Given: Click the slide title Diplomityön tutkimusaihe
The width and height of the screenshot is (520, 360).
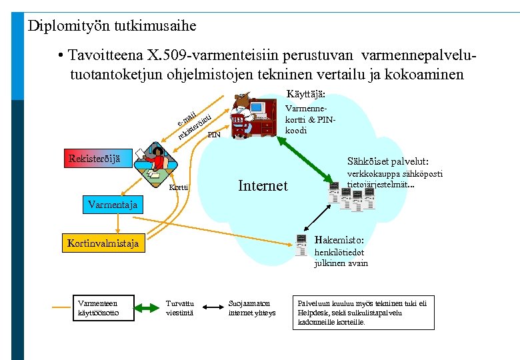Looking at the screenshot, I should coord(112,26).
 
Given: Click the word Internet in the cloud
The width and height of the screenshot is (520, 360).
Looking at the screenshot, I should coord(263,185).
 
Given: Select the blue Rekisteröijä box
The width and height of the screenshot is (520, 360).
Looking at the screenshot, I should coord(95,158).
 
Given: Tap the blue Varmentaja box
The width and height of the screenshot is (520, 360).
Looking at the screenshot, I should coord(113,205).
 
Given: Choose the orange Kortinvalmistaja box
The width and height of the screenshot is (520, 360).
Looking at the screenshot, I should coord(103,243).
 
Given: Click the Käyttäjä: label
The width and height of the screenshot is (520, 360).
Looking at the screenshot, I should coord(306,94).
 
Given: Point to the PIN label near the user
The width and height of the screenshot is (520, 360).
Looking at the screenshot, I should coord(214,135).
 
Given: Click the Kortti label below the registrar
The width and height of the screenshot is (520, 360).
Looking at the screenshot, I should coord(178,188).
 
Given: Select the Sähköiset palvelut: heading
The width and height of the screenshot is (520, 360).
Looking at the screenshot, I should coord(388,161).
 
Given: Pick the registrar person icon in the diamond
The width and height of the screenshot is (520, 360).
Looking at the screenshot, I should coord(155,162).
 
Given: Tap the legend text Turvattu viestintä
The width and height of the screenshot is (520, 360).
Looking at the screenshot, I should coord(180,307).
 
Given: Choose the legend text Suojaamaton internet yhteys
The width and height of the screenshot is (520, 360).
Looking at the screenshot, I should coord(252,307).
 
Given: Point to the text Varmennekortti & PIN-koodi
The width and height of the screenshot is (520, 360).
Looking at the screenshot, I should coord(309,118).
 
